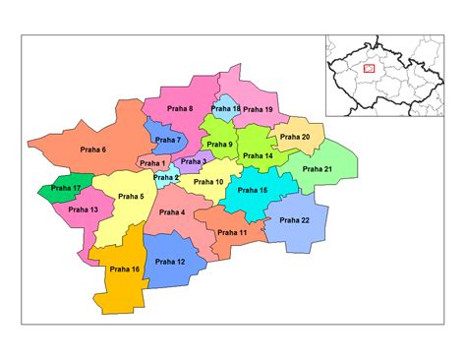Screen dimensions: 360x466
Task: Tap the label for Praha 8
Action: (x=177, y=108)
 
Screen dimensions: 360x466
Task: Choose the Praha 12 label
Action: (x=169, y=262)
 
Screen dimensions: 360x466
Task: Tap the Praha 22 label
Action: (x=294, y=220)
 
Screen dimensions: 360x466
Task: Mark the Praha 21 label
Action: (x=319, y=169)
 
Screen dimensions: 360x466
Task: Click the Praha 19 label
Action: (x=258, y=109)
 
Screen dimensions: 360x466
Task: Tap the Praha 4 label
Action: (x=171, y=212)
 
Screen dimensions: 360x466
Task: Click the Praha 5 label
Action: (x=131, y=197)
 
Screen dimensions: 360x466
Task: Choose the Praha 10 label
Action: (x=209, y=182)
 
